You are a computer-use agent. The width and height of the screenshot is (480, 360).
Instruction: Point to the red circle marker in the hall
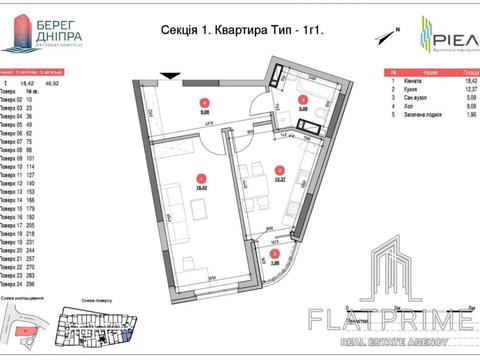click(x=204, y=103)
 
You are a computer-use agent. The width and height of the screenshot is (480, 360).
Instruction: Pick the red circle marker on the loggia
click(x=275, y=254)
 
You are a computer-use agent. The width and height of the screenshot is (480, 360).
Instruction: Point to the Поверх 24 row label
click(x=11, y=286)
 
